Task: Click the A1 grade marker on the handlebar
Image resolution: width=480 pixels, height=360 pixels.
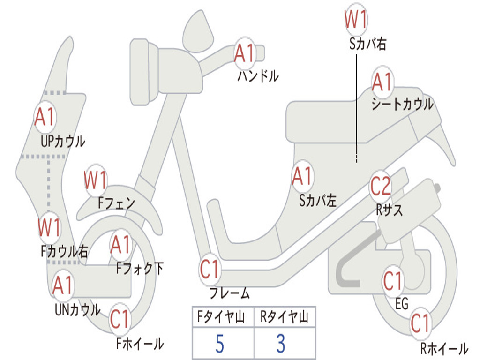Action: tap(245, 53)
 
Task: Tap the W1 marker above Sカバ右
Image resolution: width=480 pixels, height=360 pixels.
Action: tap(356, 19)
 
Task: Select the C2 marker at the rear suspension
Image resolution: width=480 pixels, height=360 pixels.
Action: tap(381, 186)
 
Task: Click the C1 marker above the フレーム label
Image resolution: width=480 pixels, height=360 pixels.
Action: tap(210, 269)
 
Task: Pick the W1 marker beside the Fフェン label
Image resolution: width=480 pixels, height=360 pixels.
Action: tap(96, 180)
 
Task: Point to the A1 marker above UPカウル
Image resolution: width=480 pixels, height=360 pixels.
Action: tap(45, 117)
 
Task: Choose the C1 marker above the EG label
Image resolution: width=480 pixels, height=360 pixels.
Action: tap(392, 281)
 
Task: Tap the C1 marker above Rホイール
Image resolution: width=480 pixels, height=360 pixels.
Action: tap(420, 323)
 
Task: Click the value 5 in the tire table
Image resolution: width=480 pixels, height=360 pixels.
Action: tap(220, 344)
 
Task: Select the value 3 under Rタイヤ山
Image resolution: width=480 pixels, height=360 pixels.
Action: tap(281, 344)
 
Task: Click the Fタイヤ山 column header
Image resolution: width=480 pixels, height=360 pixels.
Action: tap(221, 317)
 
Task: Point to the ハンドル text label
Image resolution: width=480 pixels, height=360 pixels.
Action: tap(258, 76)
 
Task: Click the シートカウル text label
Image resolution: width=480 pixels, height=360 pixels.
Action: tap(402, 104)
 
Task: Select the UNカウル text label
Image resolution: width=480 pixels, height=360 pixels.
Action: tap(78, 310)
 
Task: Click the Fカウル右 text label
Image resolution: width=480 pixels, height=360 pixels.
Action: tap(65, 251)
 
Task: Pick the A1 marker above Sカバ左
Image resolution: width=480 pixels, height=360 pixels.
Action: tap(302, 176)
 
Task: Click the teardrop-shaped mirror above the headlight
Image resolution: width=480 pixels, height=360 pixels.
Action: tap(198, 30)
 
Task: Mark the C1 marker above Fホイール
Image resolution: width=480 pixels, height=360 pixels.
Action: tap(120, 319)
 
